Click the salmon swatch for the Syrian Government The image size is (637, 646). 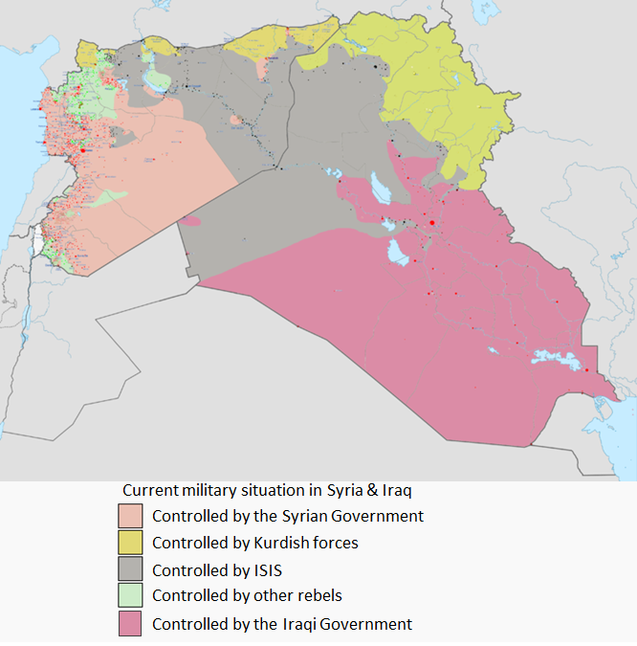coord(130,516)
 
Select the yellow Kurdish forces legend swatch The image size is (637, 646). coord(130,543)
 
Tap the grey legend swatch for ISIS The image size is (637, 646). coord(130,569)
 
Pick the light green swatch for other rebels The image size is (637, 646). coord(130,596)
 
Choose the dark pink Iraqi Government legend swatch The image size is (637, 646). coord(130,623)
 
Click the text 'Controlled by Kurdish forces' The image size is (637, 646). coord(255,543)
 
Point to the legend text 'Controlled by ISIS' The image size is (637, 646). coord(217,569)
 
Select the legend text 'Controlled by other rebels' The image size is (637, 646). coord(247,596)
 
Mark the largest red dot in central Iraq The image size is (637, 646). coord(432,222)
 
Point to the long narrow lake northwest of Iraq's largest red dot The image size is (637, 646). coord(381,189)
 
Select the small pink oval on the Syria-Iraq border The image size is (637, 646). coord(191,221)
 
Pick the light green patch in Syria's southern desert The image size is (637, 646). coord(114,195)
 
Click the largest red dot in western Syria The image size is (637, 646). coord(83,150)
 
